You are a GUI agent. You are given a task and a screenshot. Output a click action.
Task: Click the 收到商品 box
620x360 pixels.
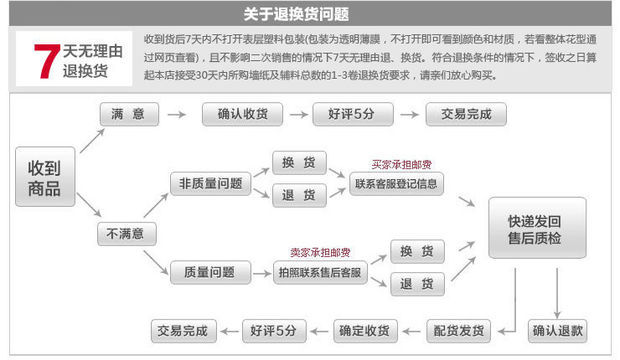(x=44, y=177)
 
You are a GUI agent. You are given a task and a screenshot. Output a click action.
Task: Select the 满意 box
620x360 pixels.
(x=128, y=114)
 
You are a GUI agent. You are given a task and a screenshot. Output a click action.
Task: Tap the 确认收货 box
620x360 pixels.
(x=242, y=114)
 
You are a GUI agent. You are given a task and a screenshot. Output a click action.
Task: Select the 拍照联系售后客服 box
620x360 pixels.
(x=322, y=273)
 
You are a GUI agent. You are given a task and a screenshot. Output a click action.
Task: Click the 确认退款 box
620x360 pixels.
(x=557, y=331)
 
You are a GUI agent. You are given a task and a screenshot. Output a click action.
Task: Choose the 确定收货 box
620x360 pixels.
(x=364, y=331)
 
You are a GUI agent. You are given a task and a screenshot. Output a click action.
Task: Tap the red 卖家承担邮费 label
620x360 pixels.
(x=320, y=252)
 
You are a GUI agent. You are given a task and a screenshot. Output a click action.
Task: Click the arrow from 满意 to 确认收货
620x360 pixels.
(x=177, y=114)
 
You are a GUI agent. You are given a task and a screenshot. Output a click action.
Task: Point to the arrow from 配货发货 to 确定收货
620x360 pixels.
(x=411, y=332)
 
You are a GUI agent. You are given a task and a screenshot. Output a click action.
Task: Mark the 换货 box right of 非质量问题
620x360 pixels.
(x=299, y=162)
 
